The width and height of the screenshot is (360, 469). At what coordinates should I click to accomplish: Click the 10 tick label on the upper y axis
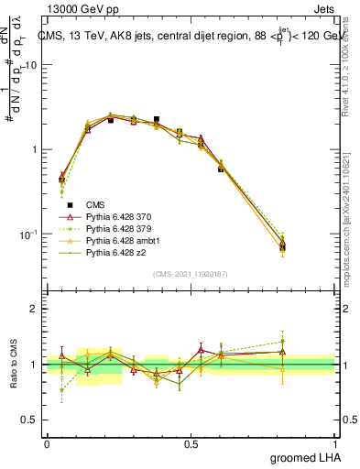pyautogui.click(x=33, y=65)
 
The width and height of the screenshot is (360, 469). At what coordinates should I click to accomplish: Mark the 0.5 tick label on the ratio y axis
pyautogui.click(x=34, y=420)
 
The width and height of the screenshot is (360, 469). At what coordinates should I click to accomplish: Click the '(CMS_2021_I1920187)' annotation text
pyautogui.click(x=191, y=273)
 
